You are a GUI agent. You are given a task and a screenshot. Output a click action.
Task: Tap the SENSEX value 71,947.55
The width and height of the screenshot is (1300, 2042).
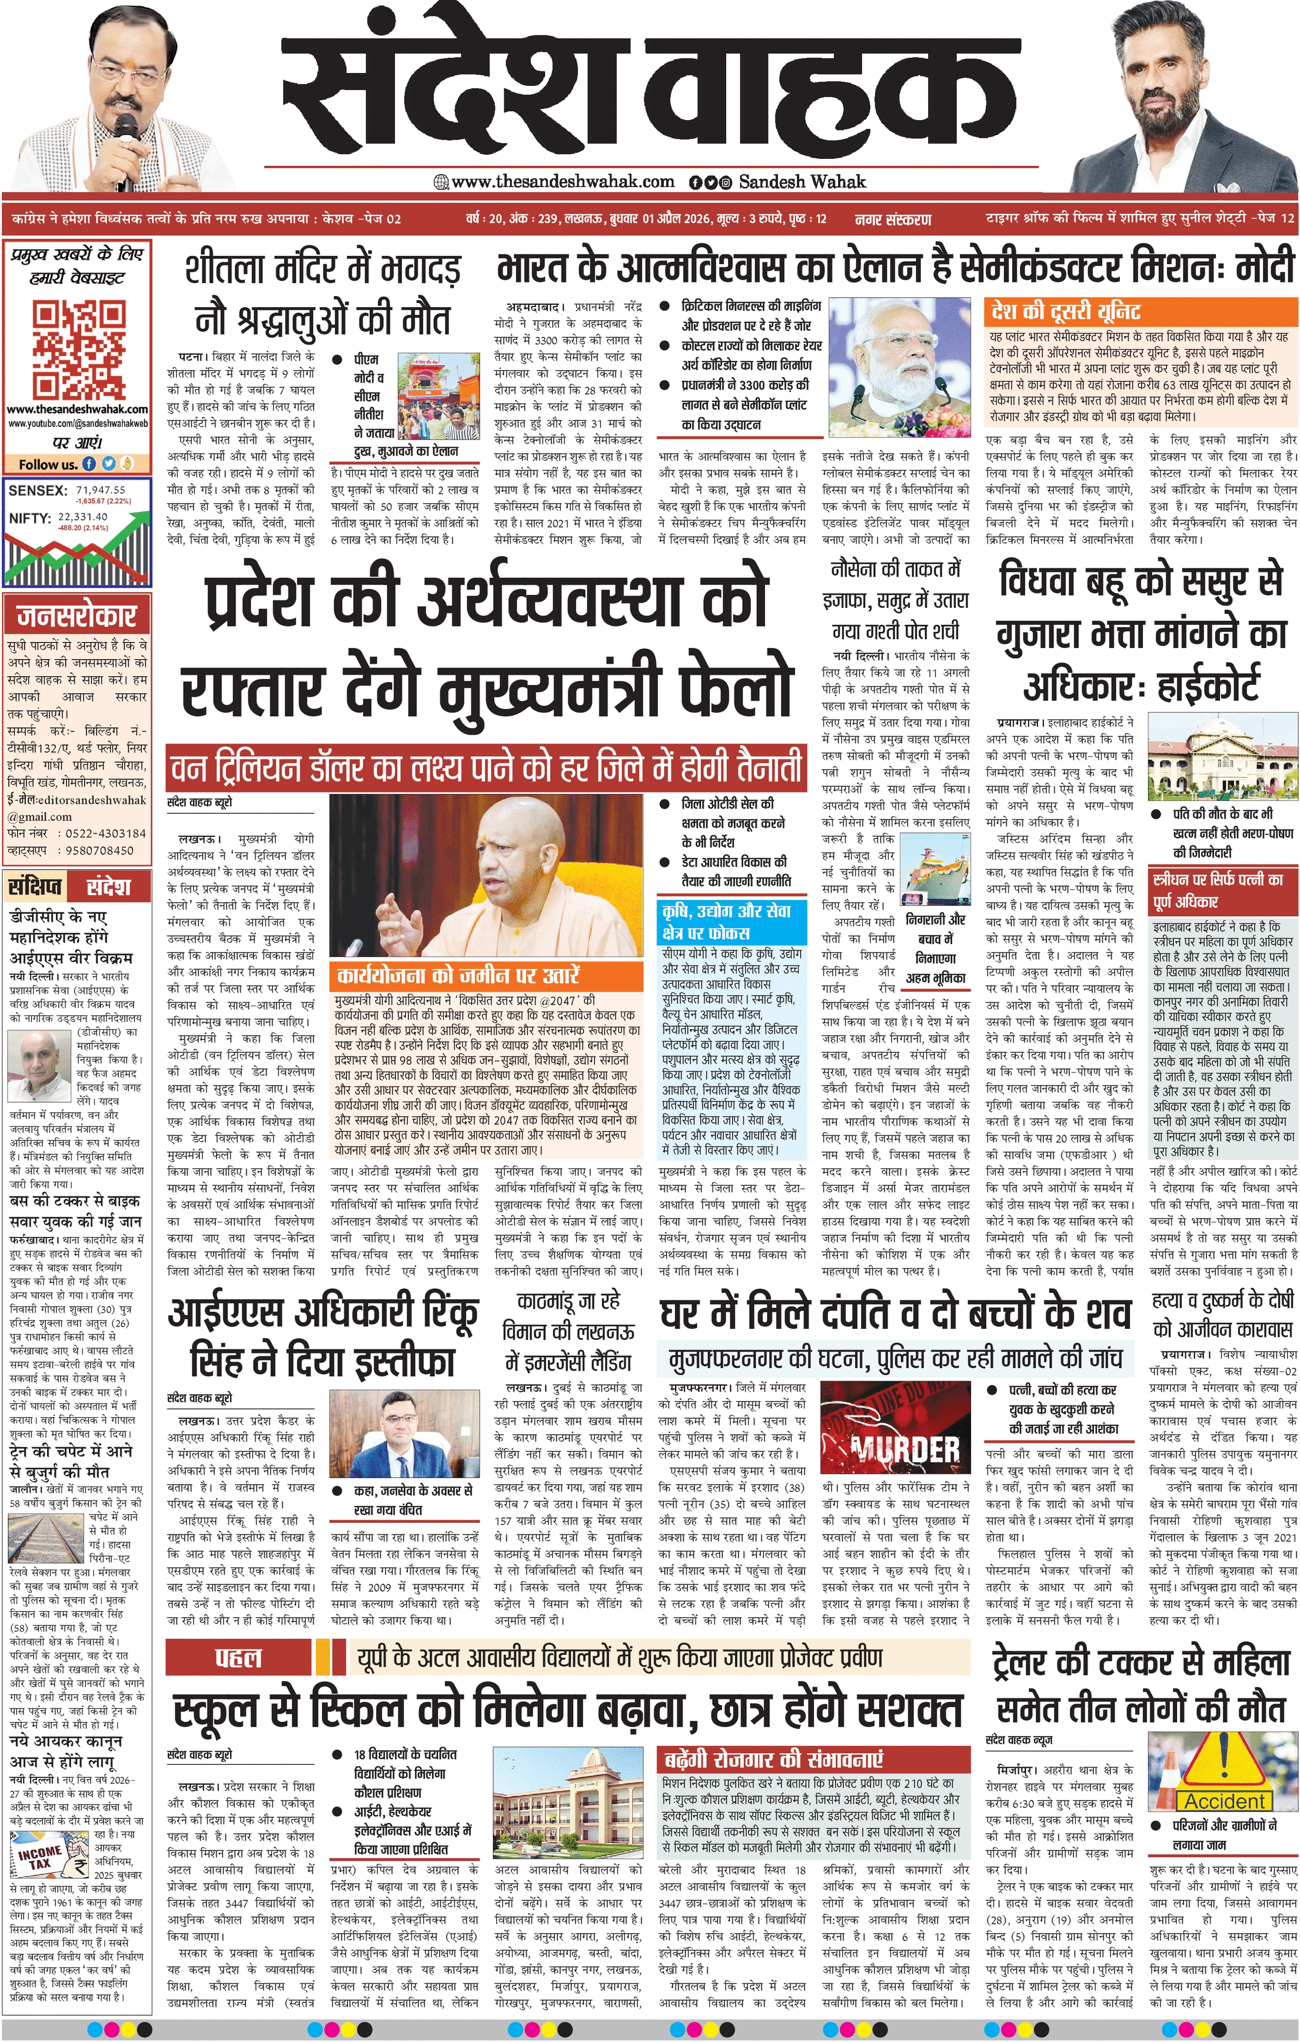coord(101,489)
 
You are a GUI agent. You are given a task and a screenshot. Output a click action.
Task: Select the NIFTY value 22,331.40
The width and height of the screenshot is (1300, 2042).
coord(82,517)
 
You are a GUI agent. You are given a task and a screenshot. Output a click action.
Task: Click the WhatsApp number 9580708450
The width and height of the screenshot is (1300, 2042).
coord(99,850)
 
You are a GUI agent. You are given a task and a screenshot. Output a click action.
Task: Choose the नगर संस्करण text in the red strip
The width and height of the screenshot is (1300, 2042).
coord(892,219)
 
